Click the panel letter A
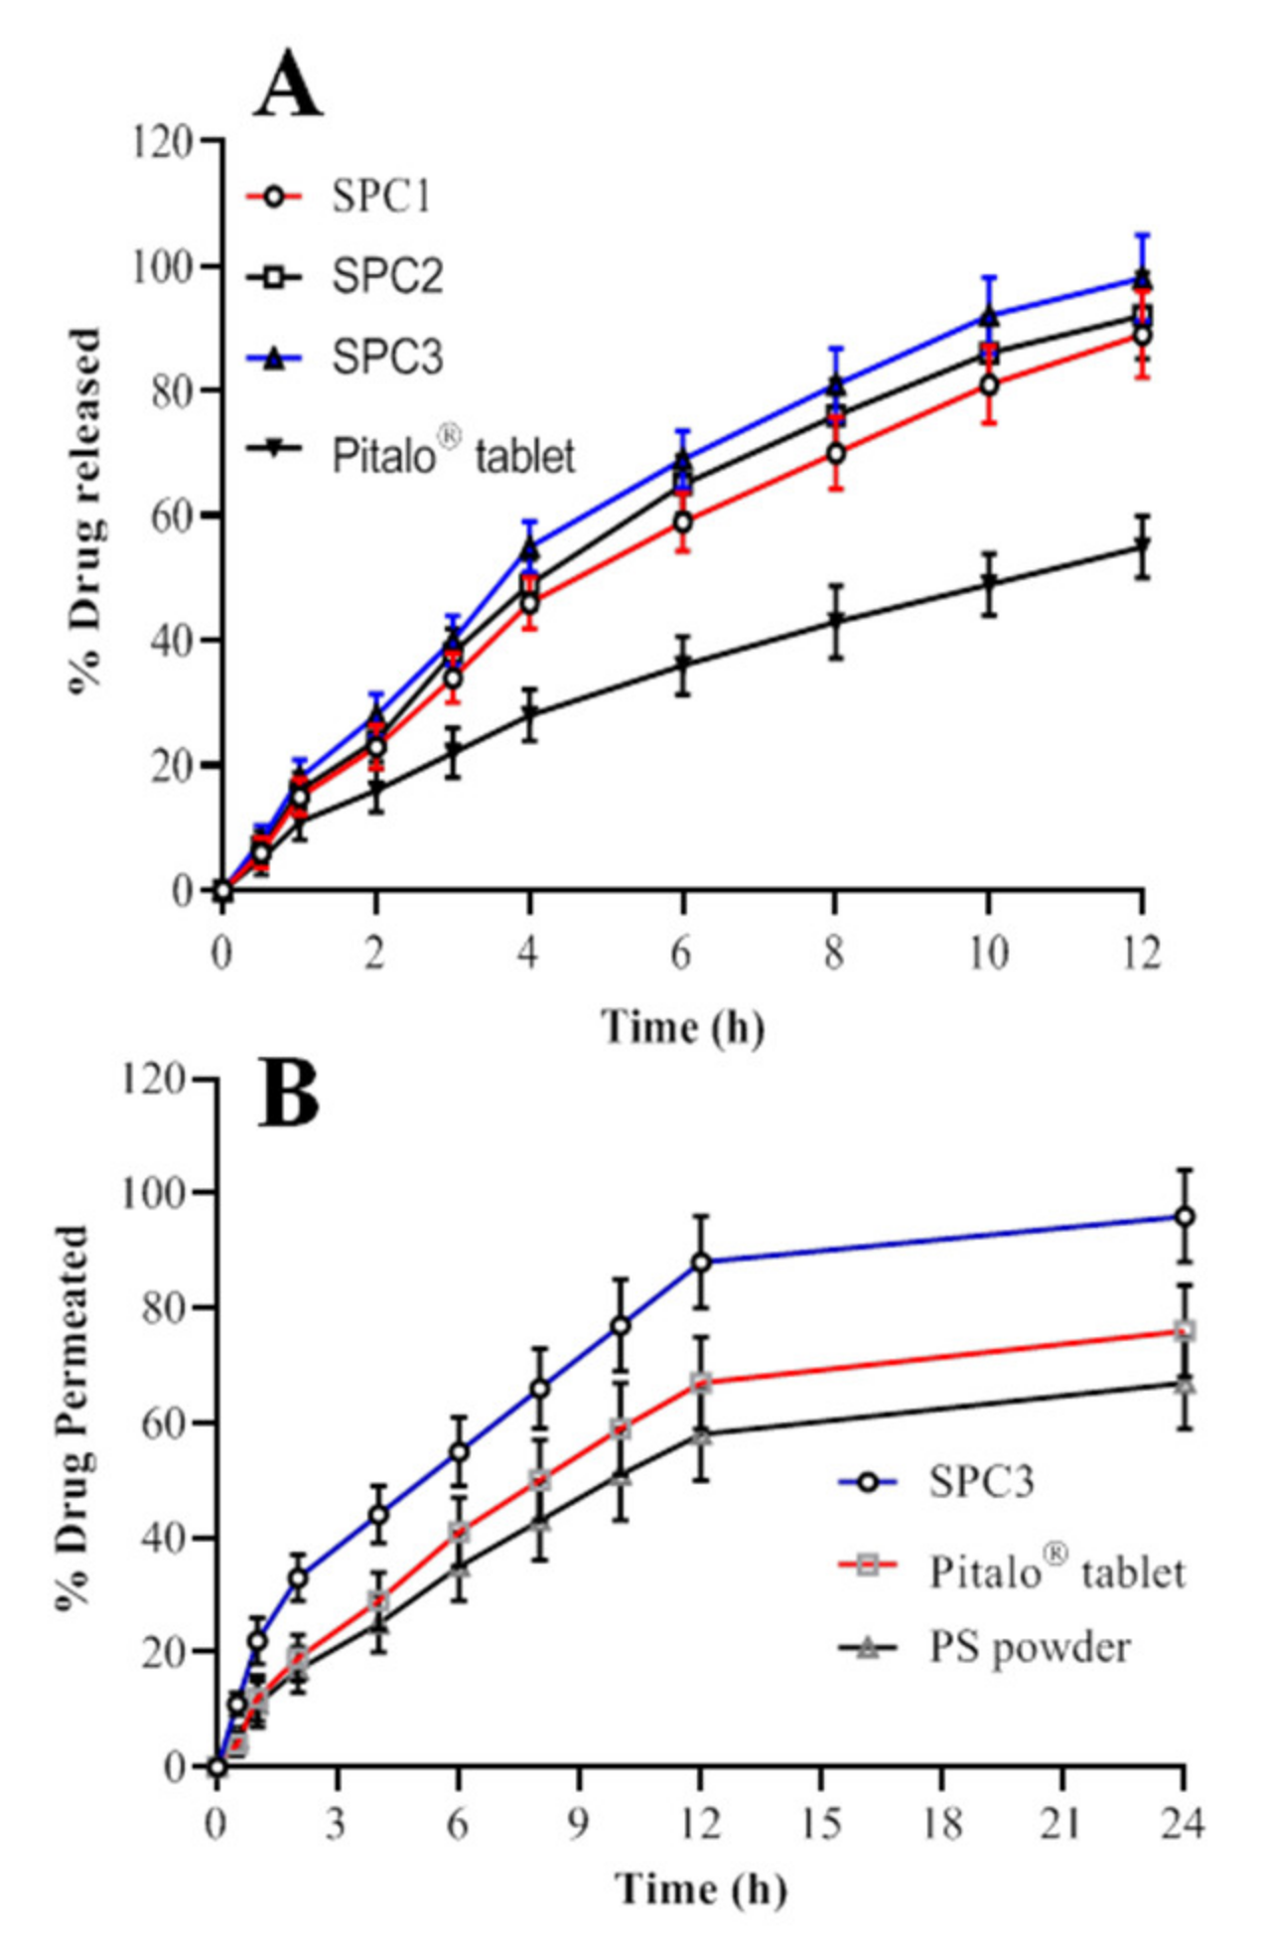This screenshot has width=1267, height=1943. pos(288,83)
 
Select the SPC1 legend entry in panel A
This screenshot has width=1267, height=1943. pos(381,197)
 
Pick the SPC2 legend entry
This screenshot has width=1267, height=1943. pos(386,276)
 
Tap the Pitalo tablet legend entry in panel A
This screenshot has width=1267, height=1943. pos(453,454)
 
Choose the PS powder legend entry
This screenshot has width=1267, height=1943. pos(1029,1647)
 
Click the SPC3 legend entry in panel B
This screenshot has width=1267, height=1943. pos(981,1481)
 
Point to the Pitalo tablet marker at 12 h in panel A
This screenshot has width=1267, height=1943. pos(1143,546)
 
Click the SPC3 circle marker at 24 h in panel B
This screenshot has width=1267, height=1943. pos(1184,1217)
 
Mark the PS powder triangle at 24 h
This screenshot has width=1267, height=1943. pos(1184,1384)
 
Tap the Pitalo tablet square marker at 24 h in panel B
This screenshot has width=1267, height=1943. pos(1184,1331)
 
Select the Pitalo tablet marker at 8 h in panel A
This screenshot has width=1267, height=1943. pos(836,622)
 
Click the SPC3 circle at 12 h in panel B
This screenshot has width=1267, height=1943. pos(701,1263)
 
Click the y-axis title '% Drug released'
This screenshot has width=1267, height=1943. pos(87,512)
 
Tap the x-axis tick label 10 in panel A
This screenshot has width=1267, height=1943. pos(988,954)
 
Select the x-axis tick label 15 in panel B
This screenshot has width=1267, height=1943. pos(820,1824)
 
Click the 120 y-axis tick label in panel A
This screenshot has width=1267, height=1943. pos(164,142)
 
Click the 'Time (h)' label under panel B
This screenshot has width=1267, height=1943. pos(700,1887)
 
